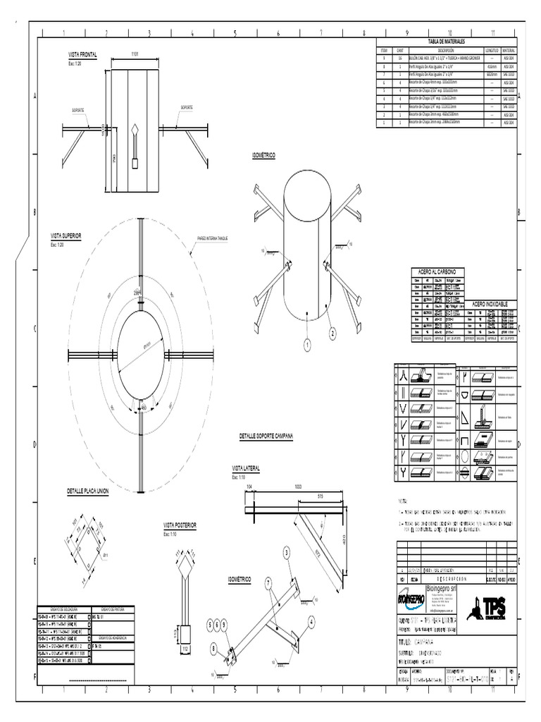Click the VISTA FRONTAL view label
pos(82,54)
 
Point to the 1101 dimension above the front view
pos(135,54)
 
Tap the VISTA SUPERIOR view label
pos(66,235)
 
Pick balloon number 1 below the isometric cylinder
pos(307,344)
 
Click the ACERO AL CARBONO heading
pos(437,271)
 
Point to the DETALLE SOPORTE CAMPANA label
pos(266,437)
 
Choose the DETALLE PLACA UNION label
pos(87,491)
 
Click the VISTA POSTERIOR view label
pos(180,525)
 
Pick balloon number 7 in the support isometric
pos(268,582)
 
